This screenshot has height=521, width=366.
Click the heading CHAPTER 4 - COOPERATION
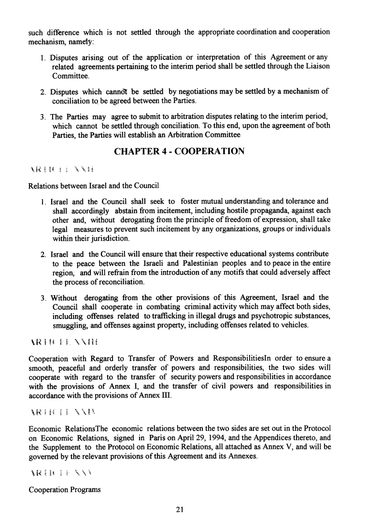pos(179,152)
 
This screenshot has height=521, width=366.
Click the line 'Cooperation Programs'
pos(65,490)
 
